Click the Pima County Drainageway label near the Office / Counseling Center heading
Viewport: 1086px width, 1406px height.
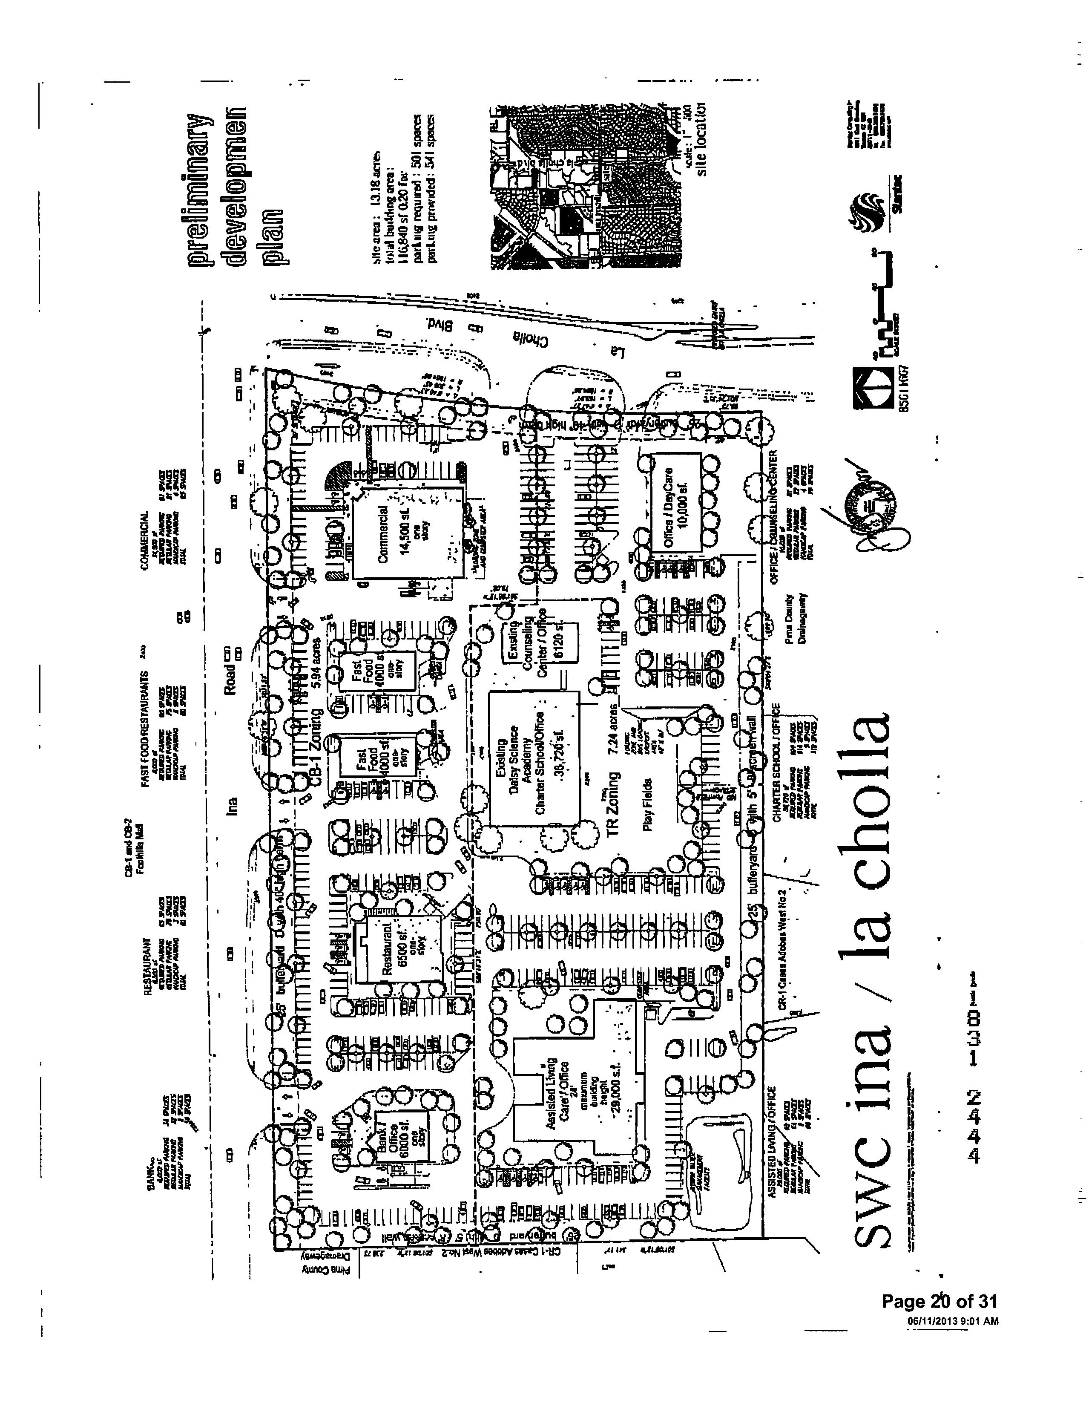(x=796, y=621)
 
